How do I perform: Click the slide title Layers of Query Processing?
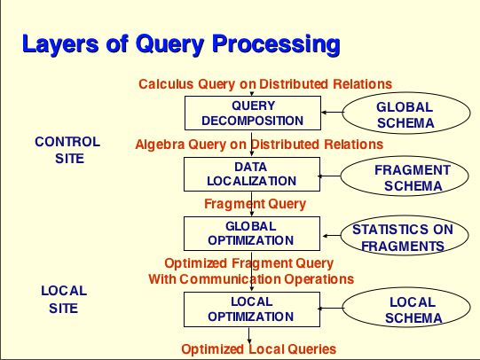pyautogui.click(x=181, y=44)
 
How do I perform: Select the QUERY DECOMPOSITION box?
pyautogui.click(x=253, y=113)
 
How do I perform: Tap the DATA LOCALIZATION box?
pyautogui.click(x=252, y=174)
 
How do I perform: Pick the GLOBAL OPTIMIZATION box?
pyautogui.click(x=252, y=233)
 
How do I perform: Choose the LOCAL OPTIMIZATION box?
pyautogui.click(x=252, y=309)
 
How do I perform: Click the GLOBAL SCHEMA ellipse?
pyautogui.click(x=406, y=113)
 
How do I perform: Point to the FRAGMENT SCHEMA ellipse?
pyautogui.click(x=404, y=176)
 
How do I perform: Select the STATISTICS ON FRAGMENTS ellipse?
pyautogui.click(x=404, y=236)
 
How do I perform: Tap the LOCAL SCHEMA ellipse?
pyautogui.click(x=406, y=308)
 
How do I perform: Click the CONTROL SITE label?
pyautogui.click(x=67, y=150)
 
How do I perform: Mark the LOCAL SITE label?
pyautogui.click(x=64, y=299)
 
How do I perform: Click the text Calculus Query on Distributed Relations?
pyautogui.click(x=265, y=84)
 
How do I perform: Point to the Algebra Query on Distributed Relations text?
pyautogui.click(x=259, y=144)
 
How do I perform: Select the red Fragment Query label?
pyautogui.click(x=255, y=204)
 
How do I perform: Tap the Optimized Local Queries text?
pyautogui.click(x=259, y=349)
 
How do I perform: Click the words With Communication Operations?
pyautogui.click(x=251, y=278)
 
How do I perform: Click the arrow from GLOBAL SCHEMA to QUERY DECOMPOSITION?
pyautogui.click(x=332, y=113)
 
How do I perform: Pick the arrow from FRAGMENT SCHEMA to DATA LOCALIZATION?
pyautogui.click(x=329, y=176)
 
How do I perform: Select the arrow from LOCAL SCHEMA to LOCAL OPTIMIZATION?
pyautogui.click(x=330, y=308)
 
